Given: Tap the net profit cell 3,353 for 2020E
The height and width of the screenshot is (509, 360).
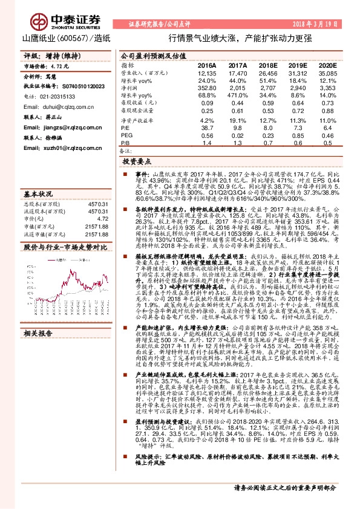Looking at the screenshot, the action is point(327,88).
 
